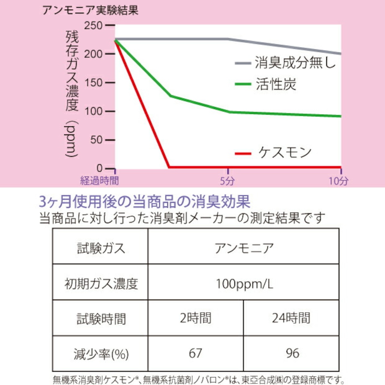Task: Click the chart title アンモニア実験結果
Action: tap(90, 10)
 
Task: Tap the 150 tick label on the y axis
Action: tap(94, 83)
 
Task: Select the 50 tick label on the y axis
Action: tap(96, 140)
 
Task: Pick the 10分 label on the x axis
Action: tap(338, 181)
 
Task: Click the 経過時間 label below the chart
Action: tap(100, 181)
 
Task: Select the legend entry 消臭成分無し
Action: tap(295, 63)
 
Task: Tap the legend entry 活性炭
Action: tap(276, 84)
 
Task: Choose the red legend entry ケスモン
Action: tap(285, 153)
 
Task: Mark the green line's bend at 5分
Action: tap(229, 112)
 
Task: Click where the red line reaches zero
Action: tap(169, 167)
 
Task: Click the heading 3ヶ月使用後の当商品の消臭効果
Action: tap(145, 202)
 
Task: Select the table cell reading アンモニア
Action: tap(244, 248)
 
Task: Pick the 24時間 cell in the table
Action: tap(291, 318)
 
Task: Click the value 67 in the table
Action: tap(196, 353)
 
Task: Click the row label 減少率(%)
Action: tap(101, 354)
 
